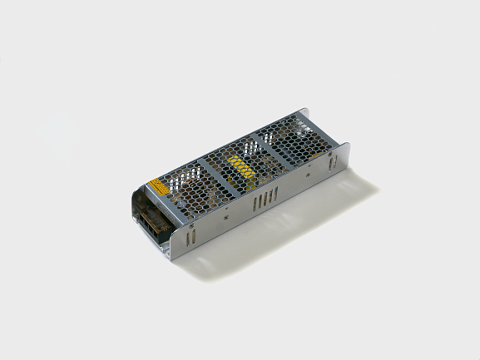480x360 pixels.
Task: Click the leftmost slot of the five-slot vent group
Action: pos(253,204)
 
